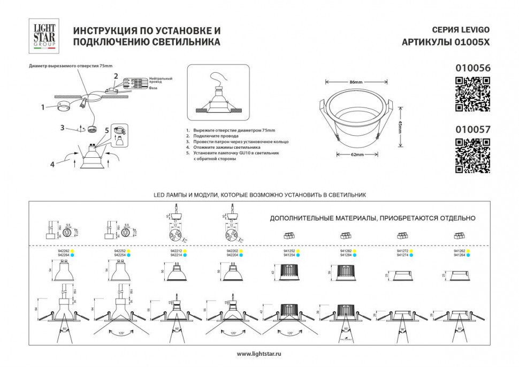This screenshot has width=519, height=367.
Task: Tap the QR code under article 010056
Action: pyautogui.click(x=472, y=95)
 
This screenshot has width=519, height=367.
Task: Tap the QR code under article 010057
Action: pyautogui.click(x=472, y=156)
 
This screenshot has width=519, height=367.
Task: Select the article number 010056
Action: pyautogui.click(x=472, y=68)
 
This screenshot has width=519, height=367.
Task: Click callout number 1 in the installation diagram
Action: pyautogui.click(x=43, y=107)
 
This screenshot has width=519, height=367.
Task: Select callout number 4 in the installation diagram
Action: pyautogui.click(x=52, y=164)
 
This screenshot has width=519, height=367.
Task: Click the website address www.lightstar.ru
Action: pyautogui.click(x=259, y=354)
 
